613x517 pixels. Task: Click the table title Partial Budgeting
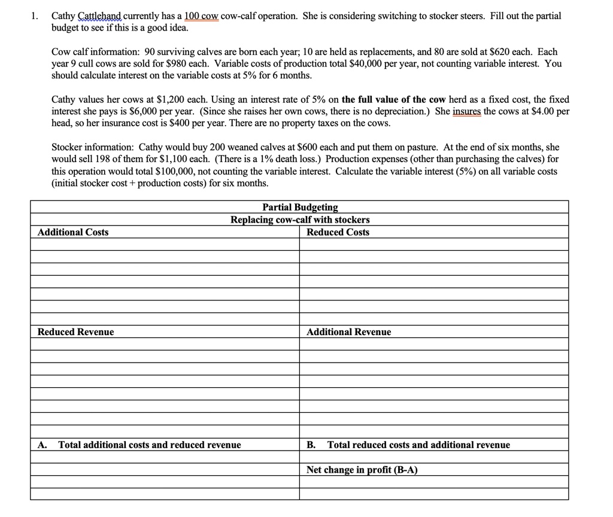tap(300, 207)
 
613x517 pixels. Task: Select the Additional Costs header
tap(73, 232)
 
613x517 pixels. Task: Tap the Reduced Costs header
tap(338, 232)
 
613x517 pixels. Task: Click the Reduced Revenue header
tap(75, 332)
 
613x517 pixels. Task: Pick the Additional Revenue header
tap(348, 332)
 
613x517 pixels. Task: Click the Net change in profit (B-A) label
tap(362, 470)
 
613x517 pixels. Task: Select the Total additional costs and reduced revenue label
tap(149, 445)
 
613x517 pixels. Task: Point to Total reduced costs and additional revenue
tap(418, 445)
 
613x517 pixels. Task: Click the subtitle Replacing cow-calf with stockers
tap(300, 220)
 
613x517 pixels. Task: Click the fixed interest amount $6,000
tap(143, 111)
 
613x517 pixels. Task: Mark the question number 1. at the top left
tap(35, 16)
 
